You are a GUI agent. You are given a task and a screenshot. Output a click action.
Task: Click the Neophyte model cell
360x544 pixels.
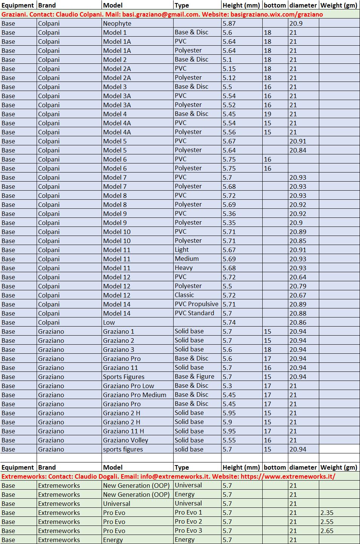click(117, 23)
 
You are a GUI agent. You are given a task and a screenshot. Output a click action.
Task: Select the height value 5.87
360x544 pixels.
click(229, 23)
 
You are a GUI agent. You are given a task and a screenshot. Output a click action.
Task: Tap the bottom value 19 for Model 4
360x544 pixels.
click(268, 114)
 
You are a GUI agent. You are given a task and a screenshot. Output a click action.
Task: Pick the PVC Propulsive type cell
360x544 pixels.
click(196, 304)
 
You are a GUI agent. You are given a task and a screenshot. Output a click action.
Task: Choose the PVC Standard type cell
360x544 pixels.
click(194, 313)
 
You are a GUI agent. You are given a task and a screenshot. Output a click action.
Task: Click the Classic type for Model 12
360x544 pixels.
click(184, 295)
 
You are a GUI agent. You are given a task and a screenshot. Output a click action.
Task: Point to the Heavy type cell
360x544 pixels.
click(183, 268)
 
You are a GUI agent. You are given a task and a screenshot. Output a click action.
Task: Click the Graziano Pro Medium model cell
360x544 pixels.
click(134, 395)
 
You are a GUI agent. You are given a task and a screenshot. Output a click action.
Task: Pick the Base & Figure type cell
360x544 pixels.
click(194, 377)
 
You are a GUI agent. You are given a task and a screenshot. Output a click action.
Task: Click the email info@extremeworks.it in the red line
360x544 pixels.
click(174, 476)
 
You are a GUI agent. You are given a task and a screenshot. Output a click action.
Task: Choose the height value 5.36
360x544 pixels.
click(229, 214)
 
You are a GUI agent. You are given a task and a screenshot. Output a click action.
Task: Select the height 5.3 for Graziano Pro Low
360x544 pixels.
click(227, 386)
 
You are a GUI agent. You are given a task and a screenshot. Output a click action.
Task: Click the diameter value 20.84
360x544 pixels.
click(298, 150)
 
